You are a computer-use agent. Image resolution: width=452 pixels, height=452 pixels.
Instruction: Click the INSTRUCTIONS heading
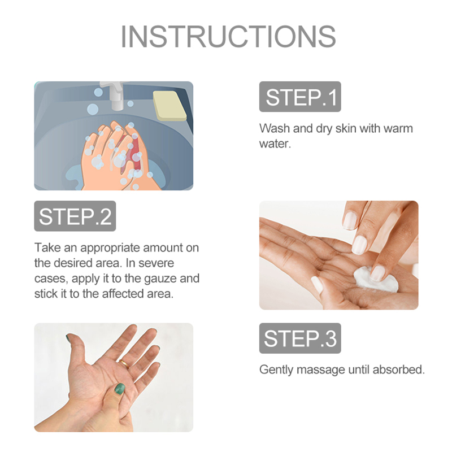[x=228, y=36]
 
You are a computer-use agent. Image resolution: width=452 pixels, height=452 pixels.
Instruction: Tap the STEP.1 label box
[x=300, y=97]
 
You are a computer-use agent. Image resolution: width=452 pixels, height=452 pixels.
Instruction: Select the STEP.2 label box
[x=75, y=216]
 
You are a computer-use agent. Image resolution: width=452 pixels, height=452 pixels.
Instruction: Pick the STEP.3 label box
[x=300, y=338]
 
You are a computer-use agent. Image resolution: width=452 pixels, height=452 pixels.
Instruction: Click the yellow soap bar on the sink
[x=169, y=106]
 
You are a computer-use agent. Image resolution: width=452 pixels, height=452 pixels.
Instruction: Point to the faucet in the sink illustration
[x=114, y=95]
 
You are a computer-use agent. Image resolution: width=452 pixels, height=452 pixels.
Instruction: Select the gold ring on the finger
[x=125, y=363]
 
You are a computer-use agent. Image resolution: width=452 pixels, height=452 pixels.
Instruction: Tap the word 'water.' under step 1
[x=275, y=144]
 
